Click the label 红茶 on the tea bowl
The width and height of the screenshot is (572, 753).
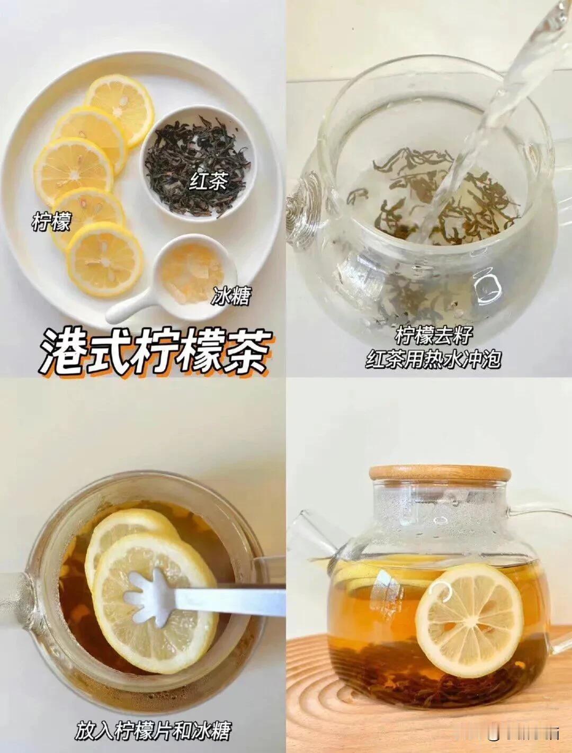pos(208,181)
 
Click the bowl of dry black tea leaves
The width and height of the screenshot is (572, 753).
pos(198,165)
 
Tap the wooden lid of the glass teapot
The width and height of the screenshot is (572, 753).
pos(440,473)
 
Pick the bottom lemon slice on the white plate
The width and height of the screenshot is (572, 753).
pos(105,259)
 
